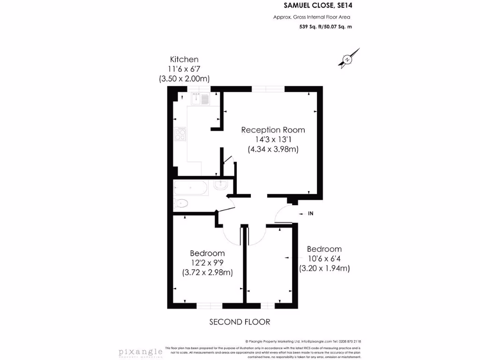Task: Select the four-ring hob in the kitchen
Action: point(180,135)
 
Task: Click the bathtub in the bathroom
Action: point(190,188)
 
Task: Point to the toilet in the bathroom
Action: point(180,203)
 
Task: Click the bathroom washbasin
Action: point(219,186)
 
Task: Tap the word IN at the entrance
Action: point(310,214)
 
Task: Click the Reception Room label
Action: point(273,130)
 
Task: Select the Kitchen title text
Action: point(184,60)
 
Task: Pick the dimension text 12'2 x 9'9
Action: point(207,263)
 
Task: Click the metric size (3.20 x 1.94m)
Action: point(324,269)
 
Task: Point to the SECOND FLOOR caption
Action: point(240,322)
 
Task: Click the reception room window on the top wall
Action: point(268,89)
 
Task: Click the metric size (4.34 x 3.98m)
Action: point(273,150)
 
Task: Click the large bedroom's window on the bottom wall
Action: point(209,306)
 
